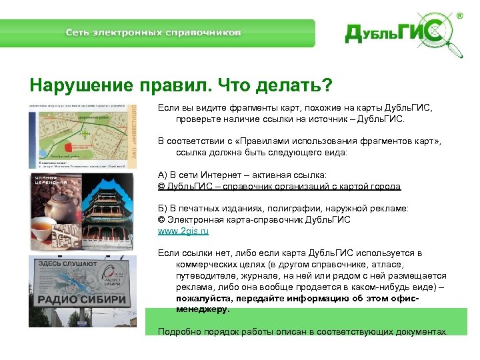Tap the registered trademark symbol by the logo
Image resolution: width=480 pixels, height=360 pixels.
461,15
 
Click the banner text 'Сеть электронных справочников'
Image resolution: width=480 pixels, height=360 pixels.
153,33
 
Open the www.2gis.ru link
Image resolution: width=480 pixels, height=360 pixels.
183,231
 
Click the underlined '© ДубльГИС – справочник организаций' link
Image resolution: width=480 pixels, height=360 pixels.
279,186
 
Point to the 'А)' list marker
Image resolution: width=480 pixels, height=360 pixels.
163,175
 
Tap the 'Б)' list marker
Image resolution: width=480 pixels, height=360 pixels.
163,208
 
